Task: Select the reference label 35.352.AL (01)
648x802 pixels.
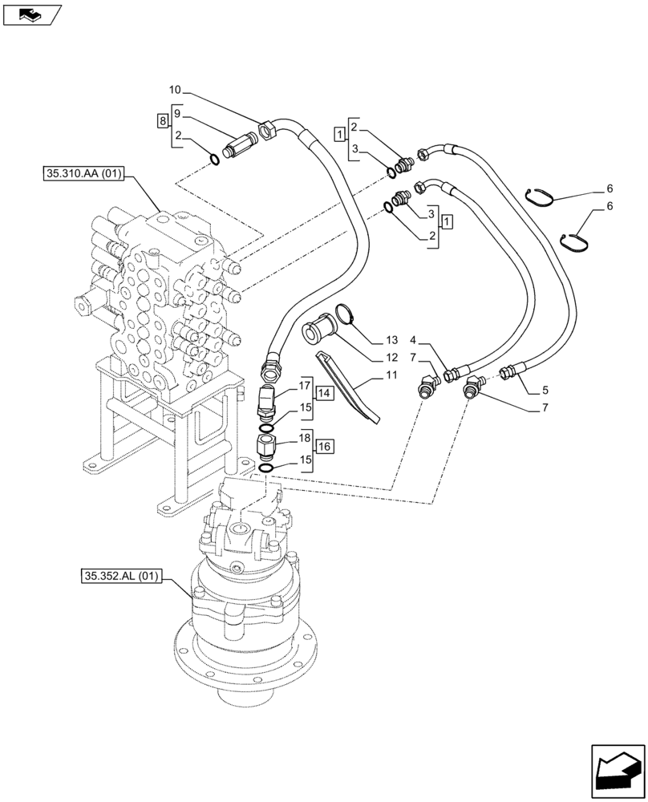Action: point(121,575)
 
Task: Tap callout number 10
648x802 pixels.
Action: point(176,89)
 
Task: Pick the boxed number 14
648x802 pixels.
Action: point(323,393)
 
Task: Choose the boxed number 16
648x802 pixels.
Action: point(323,447)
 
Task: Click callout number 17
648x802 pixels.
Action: point(305,385)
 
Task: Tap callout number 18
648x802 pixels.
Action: point(305,439)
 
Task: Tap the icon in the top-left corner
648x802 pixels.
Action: point(32,13)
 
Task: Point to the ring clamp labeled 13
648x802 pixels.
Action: point(345,314)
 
